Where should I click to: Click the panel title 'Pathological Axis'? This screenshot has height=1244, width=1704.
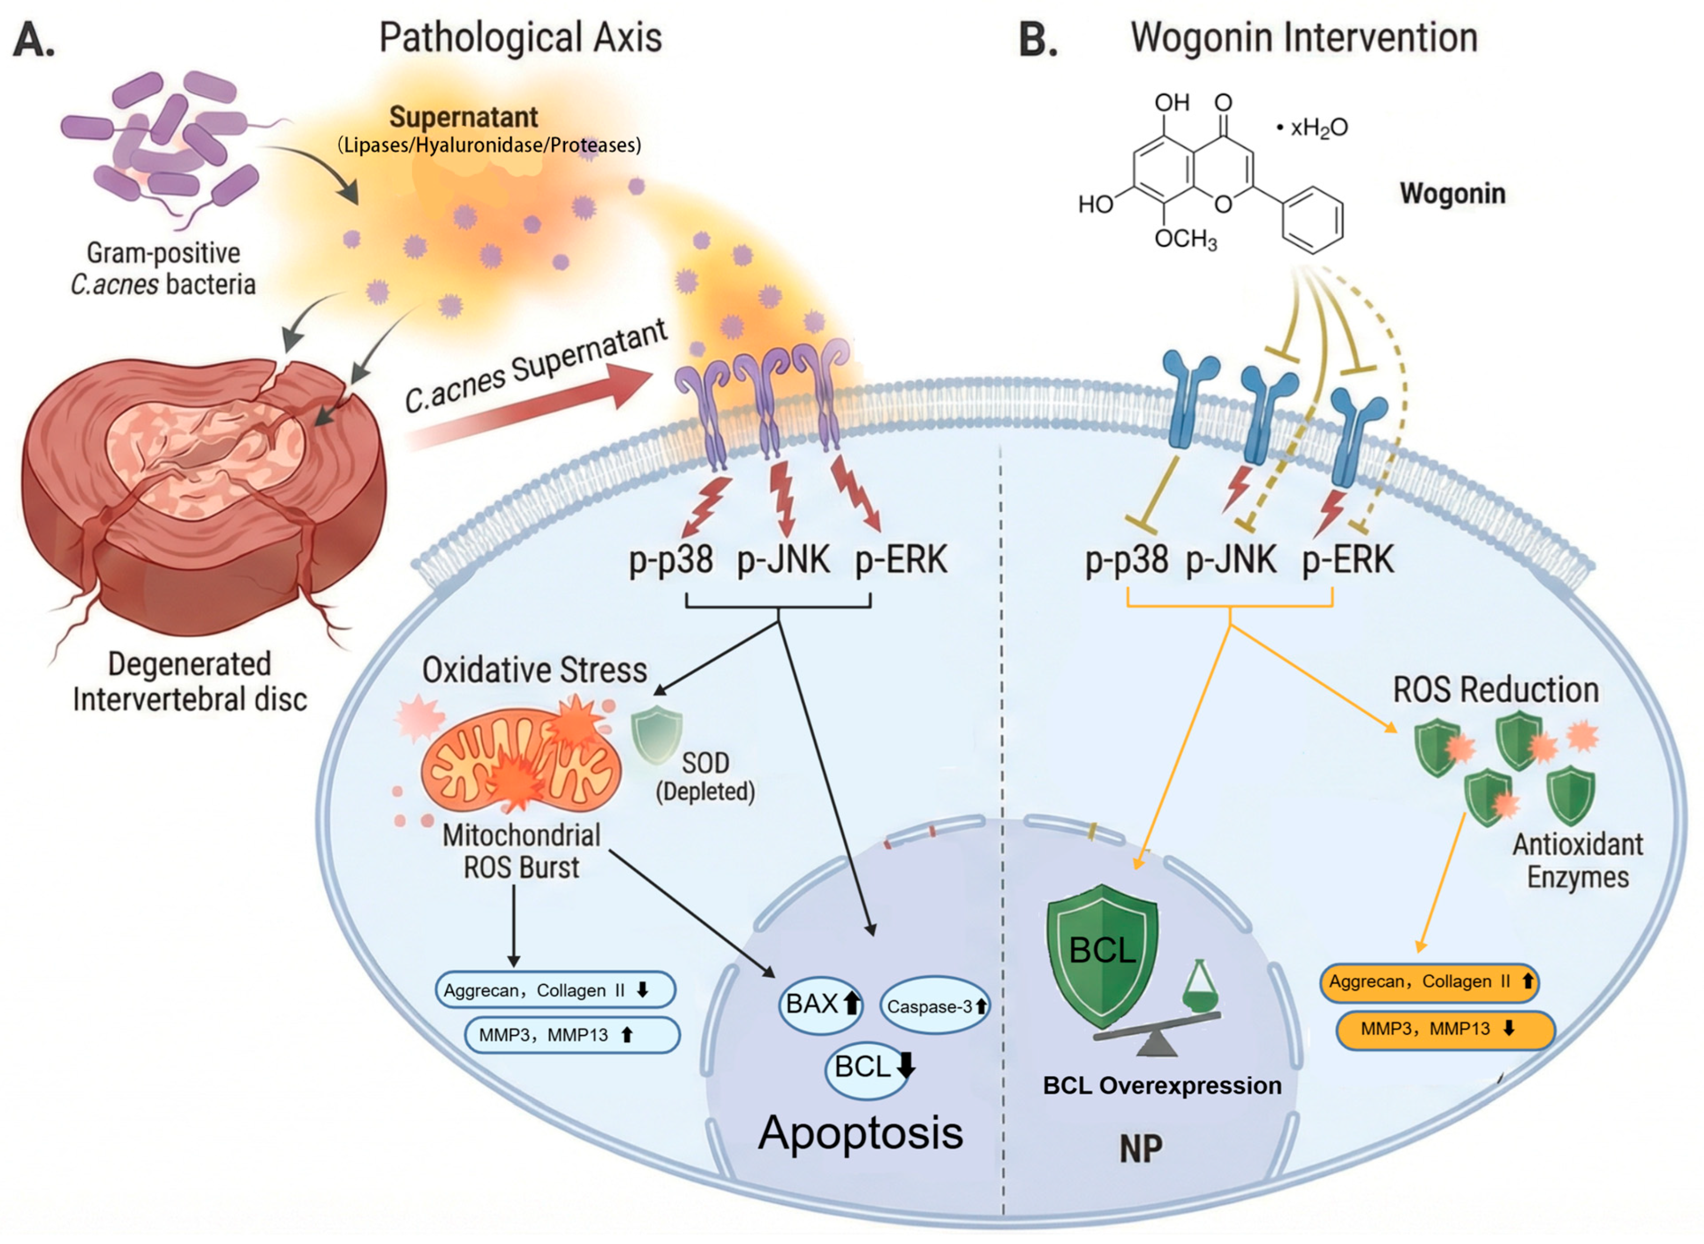[520, 38]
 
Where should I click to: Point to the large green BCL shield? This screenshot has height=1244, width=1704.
[1102, 955]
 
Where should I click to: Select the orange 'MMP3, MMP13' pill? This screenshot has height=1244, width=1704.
[1445, 1029]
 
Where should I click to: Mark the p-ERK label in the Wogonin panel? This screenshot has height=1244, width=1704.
[1348, 560]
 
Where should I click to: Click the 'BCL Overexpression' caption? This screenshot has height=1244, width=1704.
[1162, 1085]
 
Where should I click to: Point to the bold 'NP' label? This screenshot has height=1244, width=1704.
[1141, 1148]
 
